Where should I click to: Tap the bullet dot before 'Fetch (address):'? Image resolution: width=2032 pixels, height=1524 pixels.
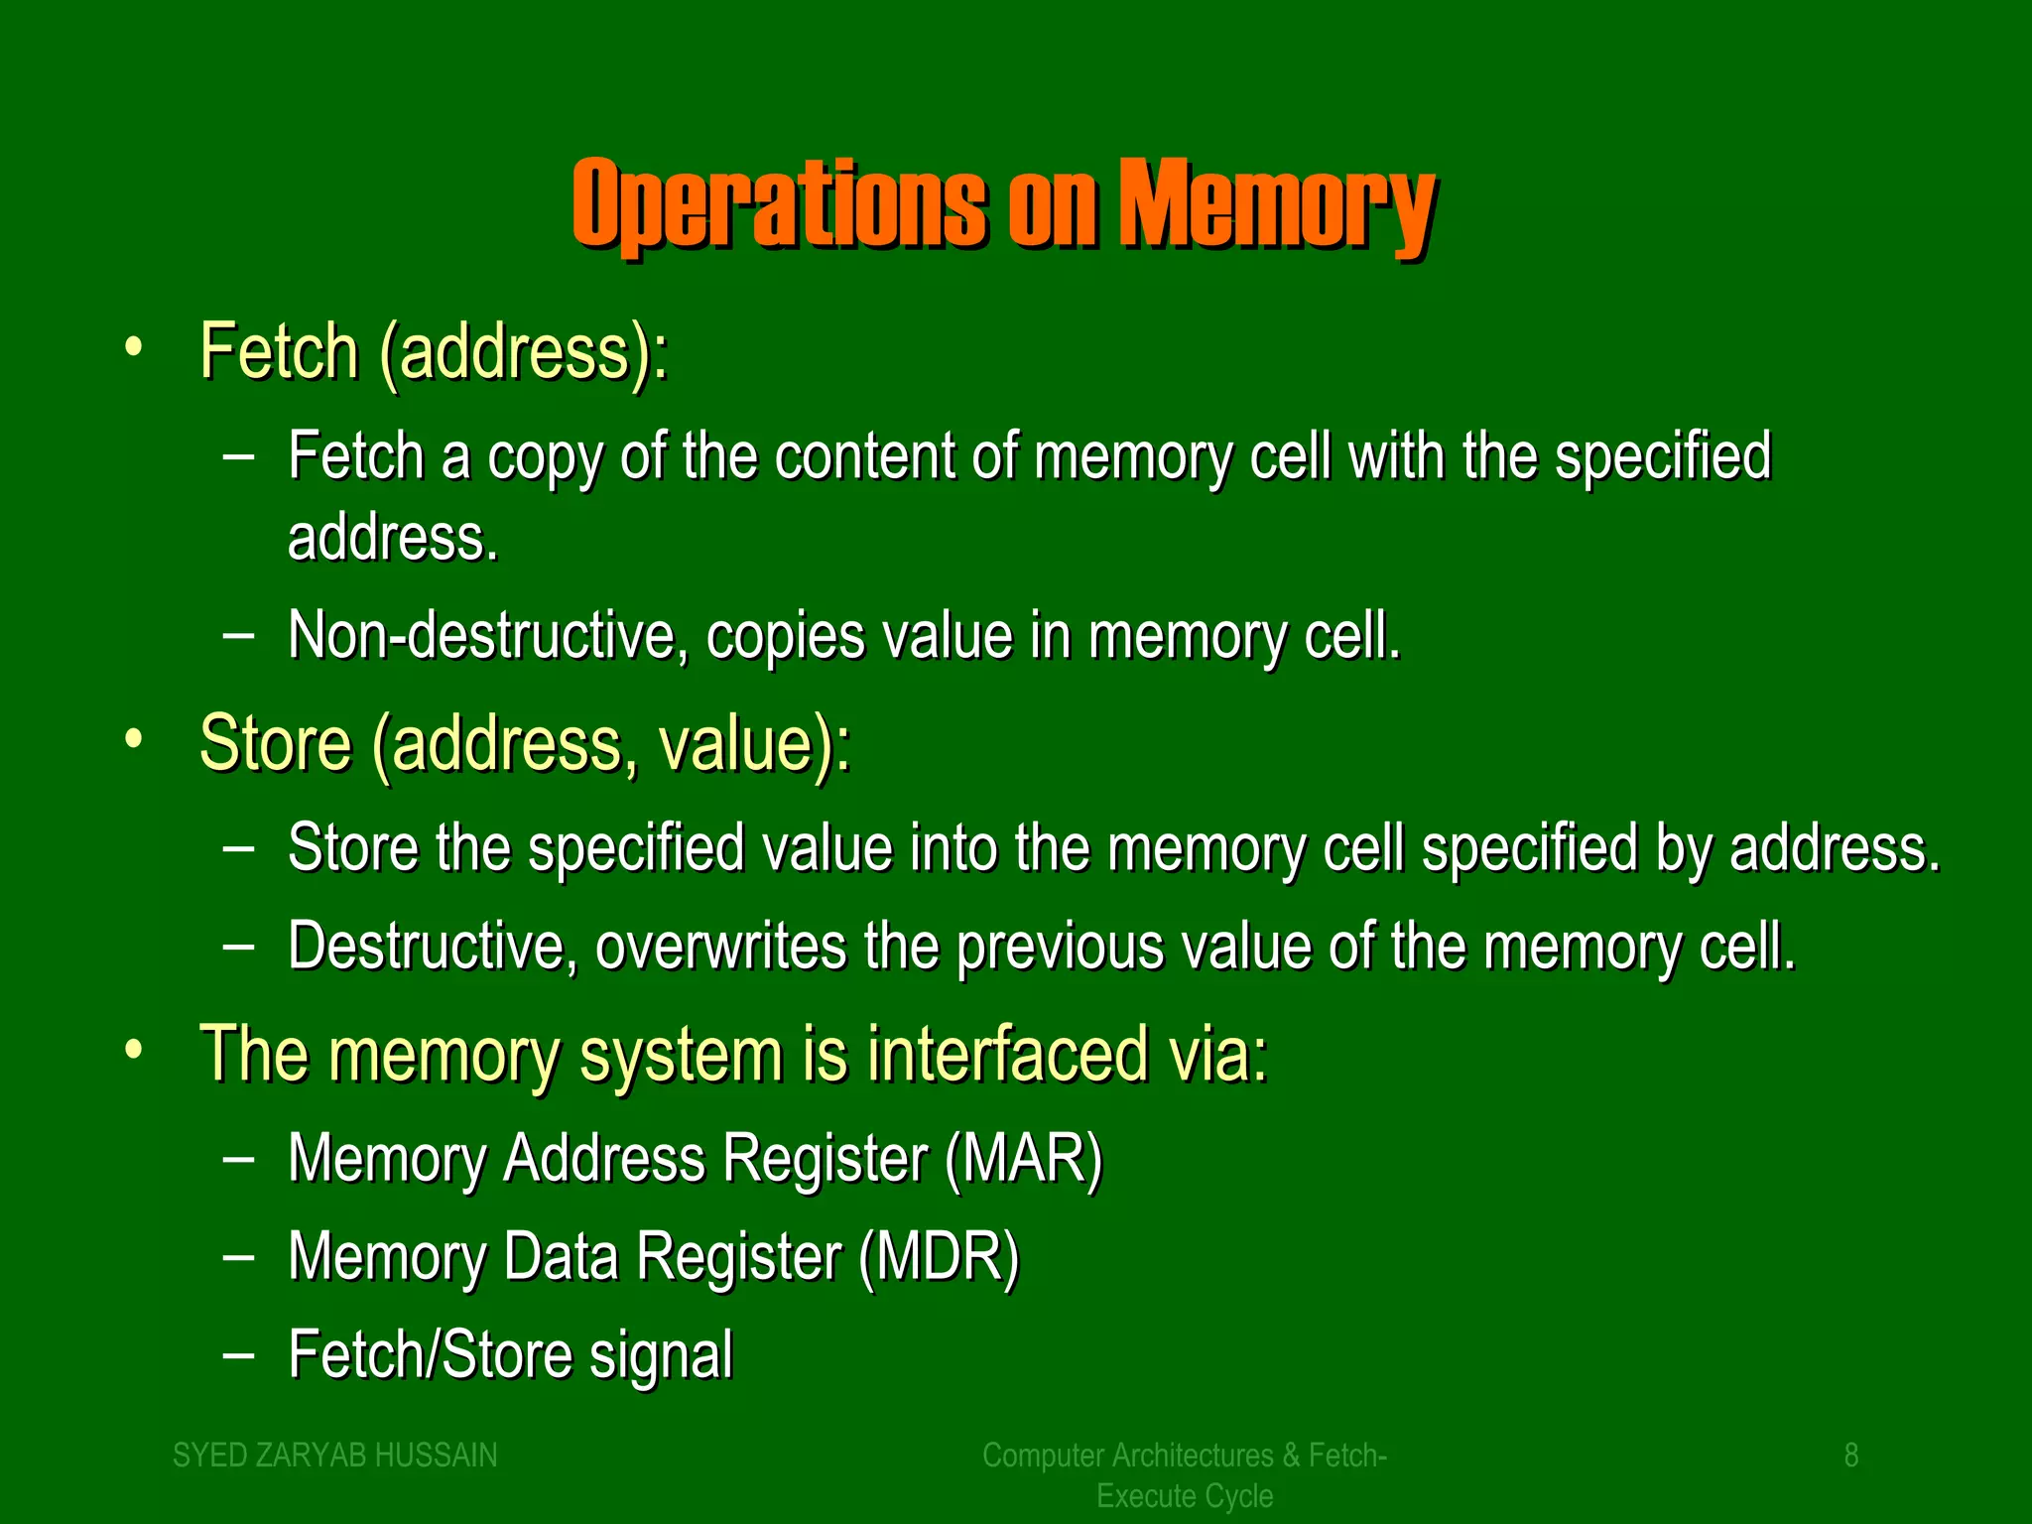pos(134,349)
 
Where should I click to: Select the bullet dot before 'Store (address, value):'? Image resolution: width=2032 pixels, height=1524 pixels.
pos(134,740)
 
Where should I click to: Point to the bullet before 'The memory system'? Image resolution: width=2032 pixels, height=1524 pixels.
pos(134,1051)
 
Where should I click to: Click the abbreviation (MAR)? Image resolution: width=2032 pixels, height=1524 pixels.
pos(1023,1158)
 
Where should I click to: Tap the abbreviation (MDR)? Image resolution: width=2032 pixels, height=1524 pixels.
pos(939,1256)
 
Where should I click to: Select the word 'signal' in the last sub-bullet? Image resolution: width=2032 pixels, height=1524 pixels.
pos(661,1355)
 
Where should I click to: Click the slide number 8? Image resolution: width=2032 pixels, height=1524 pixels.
pos(1850,1455)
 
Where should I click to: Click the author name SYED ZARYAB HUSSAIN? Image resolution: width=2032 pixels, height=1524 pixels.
pos(335,1455)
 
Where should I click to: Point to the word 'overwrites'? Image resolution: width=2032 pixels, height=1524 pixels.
pos(720,946)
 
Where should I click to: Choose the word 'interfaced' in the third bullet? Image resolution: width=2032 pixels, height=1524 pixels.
pos(1008,1053)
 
